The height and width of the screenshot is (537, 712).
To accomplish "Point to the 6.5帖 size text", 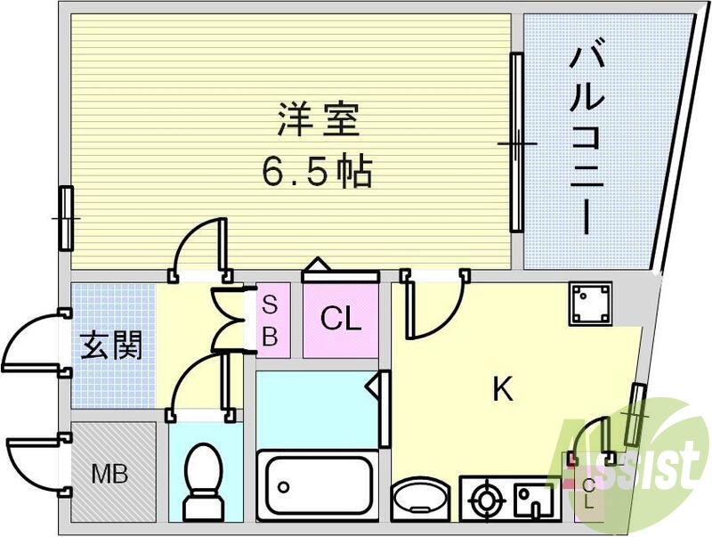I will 317,171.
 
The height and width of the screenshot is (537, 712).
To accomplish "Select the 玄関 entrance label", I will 112,345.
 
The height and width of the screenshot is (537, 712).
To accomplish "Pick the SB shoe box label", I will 271,321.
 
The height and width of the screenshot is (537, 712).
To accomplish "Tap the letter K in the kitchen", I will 503,389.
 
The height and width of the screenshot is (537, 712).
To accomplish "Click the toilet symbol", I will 204,481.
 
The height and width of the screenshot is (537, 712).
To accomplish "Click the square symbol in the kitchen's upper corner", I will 590,305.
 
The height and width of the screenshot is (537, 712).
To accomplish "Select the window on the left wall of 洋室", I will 67,218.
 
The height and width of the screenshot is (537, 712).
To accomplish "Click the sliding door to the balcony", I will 515,142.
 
